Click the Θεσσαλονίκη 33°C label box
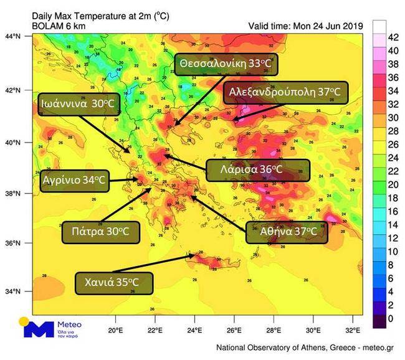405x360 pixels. point(226,64)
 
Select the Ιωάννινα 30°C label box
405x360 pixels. point(79,104)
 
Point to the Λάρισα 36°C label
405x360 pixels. point(257,169)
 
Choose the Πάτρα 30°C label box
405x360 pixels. point(101,231)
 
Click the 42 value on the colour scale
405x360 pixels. point(393,37)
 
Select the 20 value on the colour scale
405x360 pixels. point(393,185)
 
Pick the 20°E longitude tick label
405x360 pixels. point(116,329)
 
